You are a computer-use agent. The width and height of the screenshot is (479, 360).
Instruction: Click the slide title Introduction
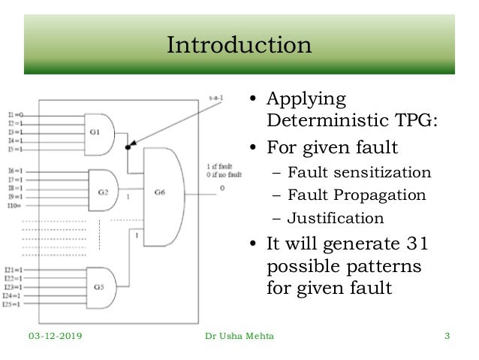[239, 45]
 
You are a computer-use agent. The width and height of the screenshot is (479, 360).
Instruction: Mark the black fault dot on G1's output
[128, 147]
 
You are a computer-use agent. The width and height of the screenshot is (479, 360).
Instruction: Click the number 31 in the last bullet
[418, 245]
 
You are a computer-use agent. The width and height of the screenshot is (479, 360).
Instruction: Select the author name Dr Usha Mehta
[239, 336]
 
